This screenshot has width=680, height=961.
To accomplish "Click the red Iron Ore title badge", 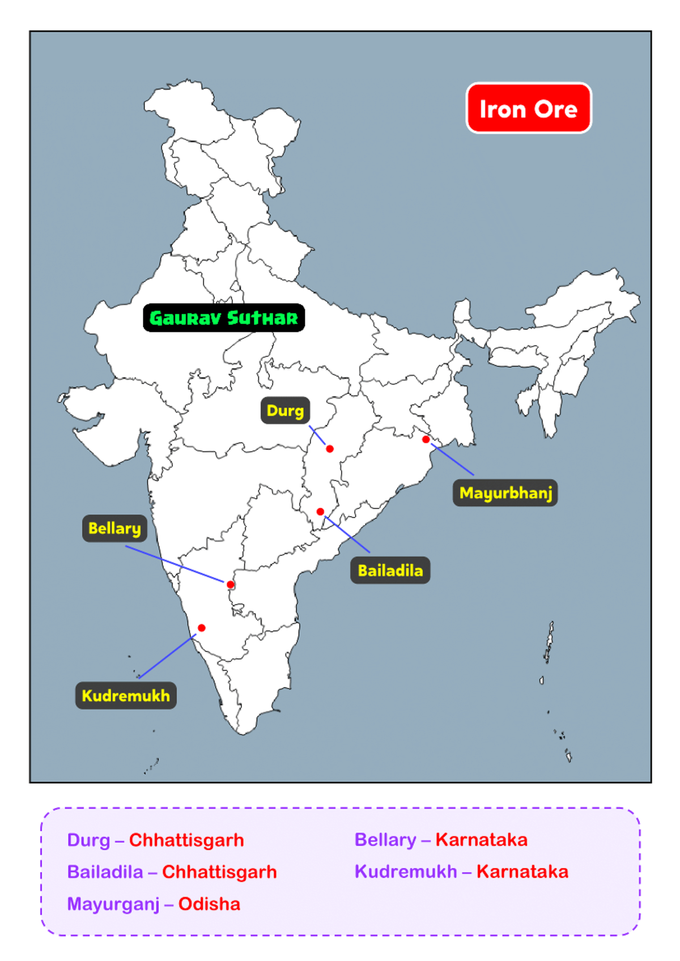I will point(528,108).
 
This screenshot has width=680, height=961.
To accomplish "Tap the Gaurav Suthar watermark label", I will point(224,318).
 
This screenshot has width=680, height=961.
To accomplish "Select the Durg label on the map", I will point(285,410).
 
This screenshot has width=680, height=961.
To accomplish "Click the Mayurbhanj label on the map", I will point(505,493).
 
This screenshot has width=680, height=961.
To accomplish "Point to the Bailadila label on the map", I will point(390,571).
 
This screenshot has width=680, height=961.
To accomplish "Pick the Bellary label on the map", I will point(114,529).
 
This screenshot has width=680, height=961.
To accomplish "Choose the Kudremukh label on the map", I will point(126,696).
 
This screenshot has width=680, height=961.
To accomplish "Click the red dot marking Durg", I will point(330,449).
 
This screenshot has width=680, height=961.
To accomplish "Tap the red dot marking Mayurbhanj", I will point(426,439).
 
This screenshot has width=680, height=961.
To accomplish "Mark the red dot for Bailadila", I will point(320,512).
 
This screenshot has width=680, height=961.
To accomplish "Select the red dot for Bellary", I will point(230,584).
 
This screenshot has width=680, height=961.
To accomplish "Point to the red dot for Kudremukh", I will point(202,628).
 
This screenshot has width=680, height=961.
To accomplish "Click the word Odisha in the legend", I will point(209,904).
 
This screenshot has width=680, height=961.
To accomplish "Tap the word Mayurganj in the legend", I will point(113,904).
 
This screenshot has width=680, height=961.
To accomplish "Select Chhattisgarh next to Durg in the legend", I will point(186,840).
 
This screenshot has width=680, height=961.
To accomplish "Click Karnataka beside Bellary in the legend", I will point(481,840).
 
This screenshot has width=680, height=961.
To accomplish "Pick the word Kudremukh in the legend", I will point(406,871).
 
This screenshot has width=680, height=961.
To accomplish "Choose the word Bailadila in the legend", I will point(105,871).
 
